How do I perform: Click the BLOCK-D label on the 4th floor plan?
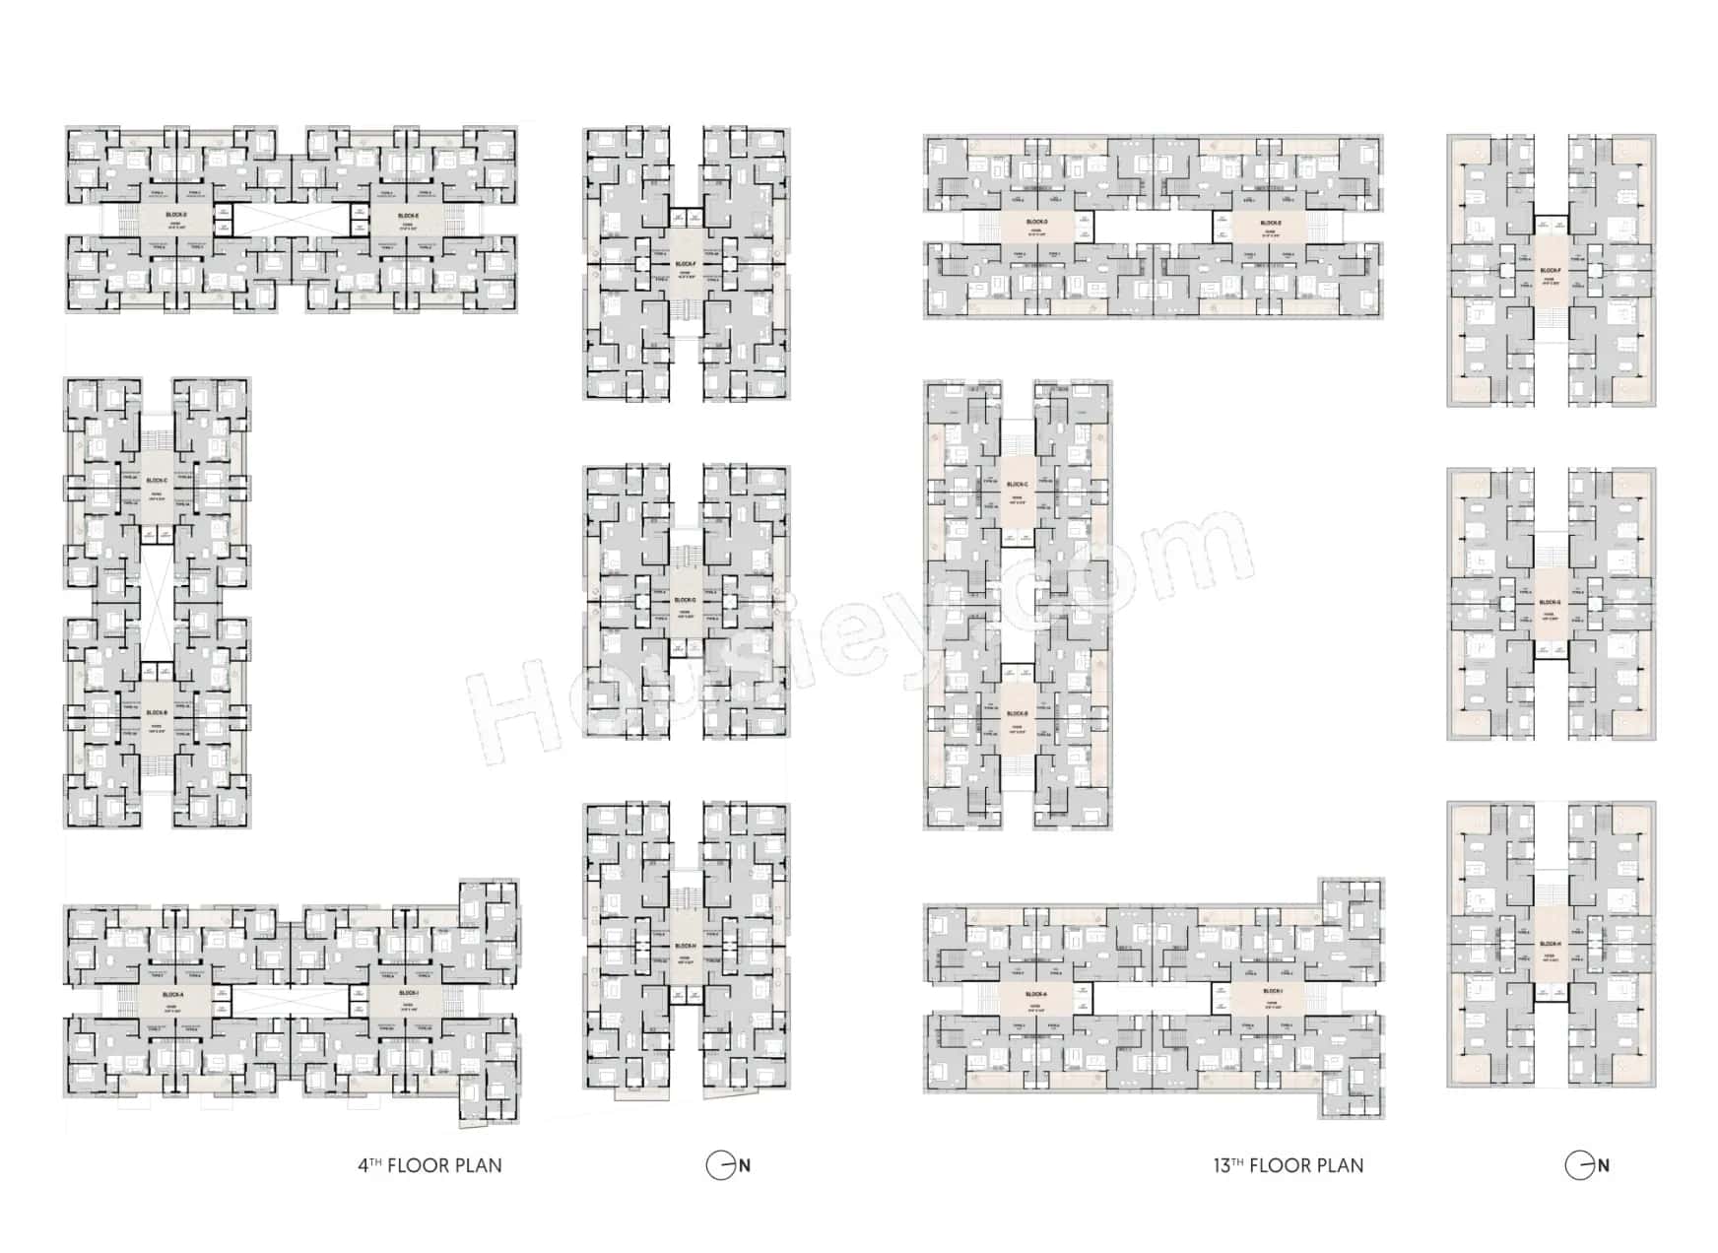point(176,215)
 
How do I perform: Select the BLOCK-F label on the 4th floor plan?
point(686,264)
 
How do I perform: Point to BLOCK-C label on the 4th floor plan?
point(157,482)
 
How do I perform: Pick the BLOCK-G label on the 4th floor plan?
point(686,600)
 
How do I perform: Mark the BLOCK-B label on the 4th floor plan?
point(157,713)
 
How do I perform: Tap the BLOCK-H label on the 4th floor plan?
point(686,946)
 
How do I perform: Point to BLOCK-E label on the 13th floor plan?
point(1271,223)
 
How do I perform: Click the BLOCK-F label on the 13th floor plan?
point(1551,270)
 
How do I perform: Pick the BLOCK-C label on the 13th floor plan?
point(1018,485)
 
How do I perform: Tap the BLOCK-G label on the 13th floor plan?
point(1551,602)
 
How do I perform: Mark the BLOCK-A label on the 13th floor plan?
point(1036,995)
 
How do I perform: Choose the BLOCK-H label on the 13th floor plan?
point(1551,944)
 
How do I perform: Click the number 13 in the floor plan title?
point(1222,1166)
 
